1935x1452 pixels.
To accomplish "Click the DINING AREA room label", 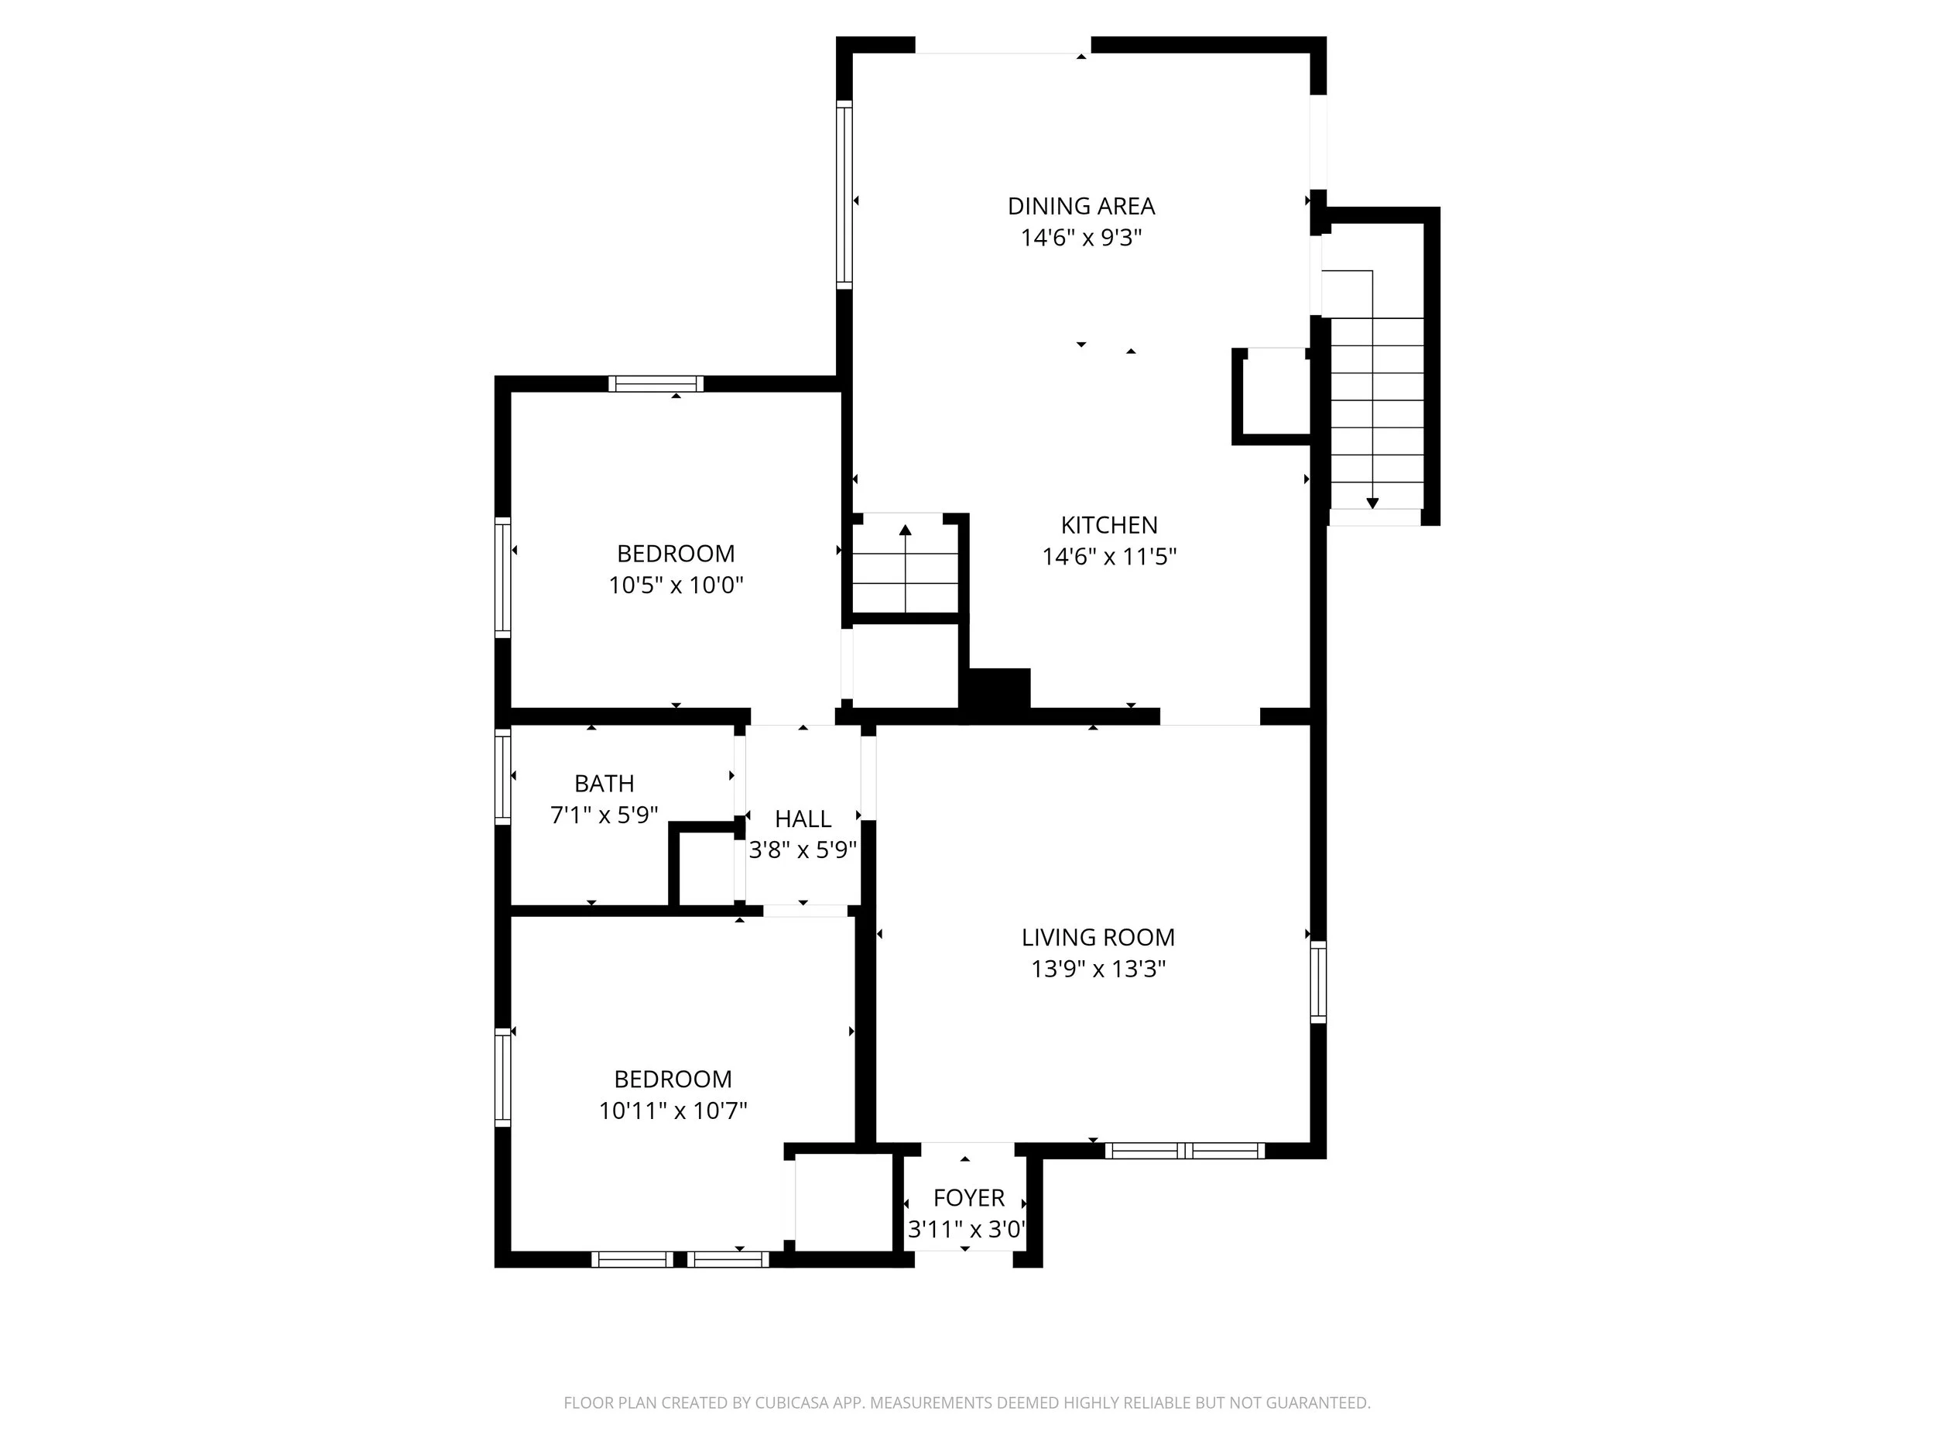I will point(1081,207).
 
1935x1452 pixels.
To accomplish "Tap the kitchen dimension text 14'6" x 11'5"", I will point(1108,557).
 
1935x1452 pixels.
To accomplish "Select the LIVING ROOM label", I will point(1098,937).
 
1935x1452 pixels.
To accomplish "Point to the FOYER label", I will point(968,1197).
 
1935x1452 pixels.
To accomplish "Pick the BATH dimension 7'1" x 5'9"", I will point(604,815).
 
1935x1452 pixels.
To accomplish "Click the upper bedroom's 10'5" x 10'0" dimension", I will point(676,585).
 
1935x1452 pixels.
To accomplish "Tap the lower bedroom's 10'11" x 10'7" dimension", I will point(672,1110).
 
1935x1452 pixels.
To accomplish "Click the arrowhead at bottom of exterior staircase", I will point(1372,503).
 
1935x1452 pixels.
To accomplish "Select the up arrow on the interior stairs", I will point(905,530).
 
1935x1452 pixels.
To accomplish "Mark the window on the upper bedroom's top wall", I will point(656,383).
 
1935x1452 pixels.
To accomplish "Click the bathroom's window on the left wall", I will point(502,776).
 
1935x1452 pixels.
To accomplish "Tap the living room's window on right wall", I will point(1317,981).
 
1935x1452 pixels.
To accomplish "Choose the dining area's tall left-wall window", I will point(844,194).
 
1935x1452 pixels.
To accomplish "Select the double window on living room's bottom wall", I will point(1184,1151).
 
